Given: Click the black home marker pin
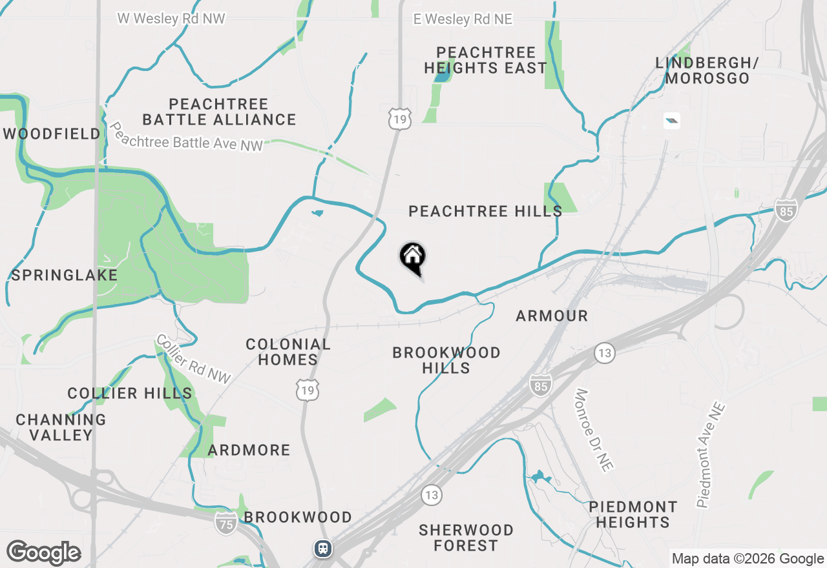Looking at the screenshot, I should pos(413,258).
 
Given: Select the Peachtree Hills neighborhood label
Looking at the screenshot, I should pos(485,211).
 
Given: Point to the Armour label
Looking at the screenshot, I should pos(552,316).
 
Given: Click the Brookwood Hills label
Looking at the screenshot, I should pos(446,360).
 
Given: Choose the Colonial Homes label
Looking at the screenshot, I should pos(288,352).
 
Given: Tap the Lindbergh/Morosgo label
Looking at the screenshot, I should pos(707,71).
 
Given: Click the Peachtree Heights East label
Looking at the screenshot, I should pos(486,60).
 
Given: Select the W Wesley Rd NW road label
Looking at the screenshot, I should pos(171,19).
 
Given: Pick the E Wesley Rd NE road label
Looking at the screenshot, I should pos(463,19).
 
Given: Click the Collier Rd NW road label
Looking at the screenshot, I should pos(193,360).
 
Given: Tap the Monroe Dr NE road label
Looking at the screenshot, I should pos(594,429).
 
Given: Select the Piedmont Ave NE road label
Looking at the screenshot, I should pos(711,454).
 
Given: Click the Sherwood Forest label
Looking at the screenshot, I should pos(466,538).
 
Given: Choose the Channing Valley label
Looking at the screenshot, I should pos(61,427).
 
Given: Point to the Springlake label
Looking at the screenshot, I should pos(65,275).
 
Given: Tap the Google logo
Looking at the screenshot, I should pos(44,553).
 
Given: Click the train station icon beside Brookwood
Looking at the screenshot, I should pos(323,549).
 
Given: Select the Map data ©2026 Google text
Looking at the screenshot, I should pos(748,559).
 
